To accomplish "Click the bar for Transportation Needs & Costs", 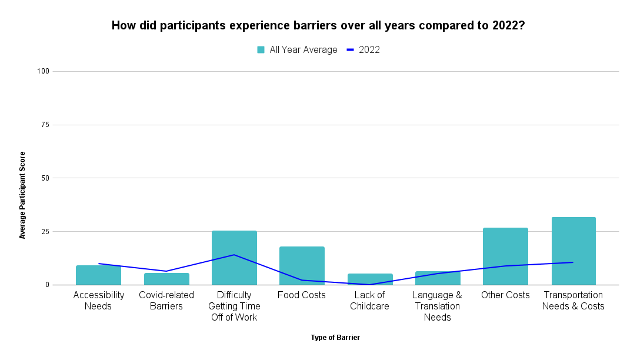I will [x=573, y=251].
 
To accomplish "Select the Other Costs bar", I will [x=505, y=256].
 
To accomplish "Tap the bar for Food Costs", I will [x=302, y=266].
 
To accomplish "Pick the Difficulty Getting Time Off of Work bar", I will [x=234, y=258].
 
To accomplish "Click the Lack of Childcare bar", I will [x=370, y=279].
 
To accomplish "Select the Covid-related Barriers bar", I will [x=166, y=279].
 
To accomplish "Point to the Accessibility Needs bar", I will [x=98, y=275].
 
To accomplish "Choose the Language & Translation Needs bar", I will [x=438, y=278].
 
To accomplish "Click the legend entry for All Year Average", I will [x=297, y=50].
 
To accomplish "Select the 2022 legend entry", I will [x=363, y=50].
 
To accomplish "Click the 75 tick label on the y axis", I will [x=45, y=125].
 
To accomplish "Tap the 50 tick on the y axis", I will [x=45, y=178].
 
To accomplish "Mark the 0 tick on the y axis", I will [x=47, y=285].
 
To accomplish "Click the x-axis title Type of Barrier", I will [x=335, y=338].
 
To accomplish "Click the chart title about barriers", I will [x=318, y=26].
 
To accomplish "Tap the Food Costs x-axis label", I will [x=302, y=295].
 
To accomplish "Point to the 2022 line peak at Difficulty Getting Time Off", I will [x=234, y=255].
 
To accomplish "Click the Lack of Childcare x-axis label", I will [x=370, y=301].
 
